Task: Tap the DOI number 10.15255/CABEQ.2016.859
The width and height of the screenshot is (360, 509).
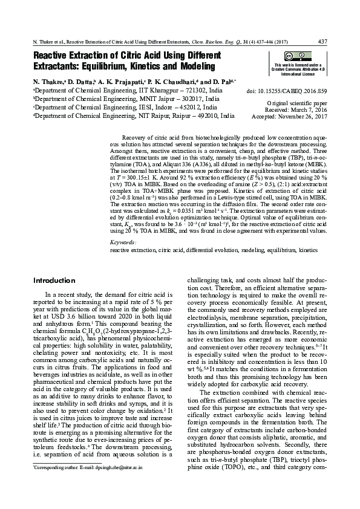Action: (292, 91)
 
